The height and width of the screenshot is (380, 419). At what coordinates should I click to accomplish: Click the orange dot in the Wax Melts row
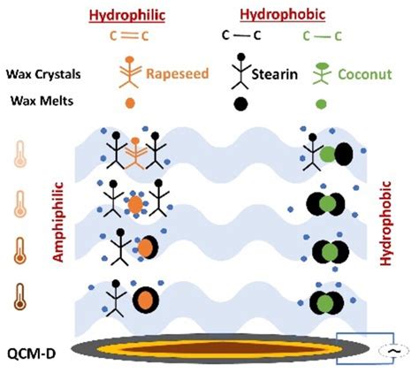pos(131,102)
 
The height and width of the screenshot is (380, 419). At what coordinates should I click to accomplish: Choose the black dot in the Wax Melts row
pos(239,103)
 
